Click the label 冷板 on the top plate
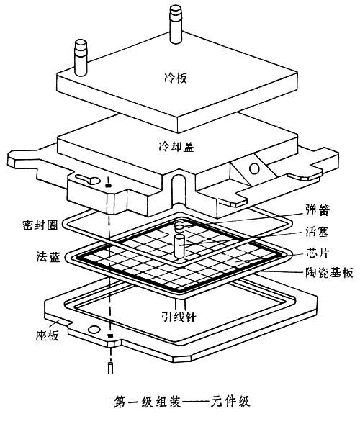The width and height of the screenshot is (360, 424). coord(176,78)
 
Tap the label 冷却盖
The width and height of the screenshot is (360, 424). coord(176,147)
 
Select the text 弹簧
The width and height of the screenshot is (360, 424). coord(318,209)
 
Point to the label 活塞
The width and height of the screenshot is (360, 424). coord(317,232)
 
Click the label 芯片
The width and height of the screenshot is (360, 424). coord(318,253)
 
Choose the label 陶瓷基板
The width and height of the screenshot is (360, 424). coord(330,272)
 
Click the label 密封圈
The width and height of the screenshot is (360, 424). coord(40,225)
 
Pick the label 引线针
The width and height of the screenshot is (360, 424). coord(179,317)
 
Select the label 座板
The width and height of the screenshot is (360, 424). coord(48,335)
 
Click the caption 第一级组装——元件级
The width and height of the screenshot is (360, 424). coord(181,402)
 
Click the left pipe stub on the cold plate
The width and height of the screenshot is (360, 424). coord(81,58)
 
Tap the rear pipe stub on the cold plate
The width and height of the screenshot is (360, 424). coord(176,24)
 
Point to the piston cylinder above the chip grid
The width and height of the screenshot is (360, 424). coord(179,246)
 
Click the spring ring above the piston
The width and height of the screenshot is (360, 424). coord(179,226)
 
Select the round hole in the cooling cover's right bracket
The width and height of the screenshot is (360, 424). coord(254,168)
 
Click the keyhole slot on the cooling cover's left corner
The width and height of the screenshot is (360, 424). coord(88,179)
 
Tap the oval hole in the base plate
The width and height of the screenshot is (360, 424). coord(94,330)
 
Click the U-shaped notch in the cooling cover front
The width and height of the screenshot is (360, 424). coord(179,189)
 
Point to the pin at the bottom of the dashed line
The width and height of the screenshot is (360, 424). coord(110,368)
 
